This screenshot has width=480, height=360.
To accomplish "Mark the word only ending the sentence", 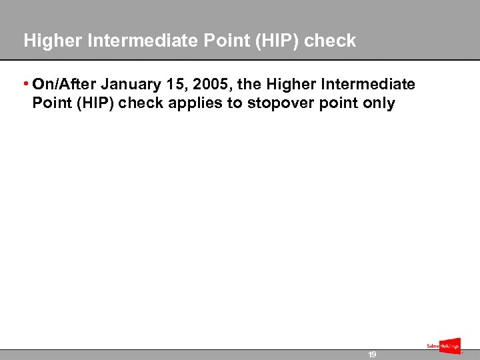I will (380, 103).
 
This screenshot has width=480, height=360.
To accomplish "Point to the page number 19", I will (373, 355).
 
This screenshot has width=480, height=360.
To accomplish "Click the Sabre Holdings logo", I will (443, 345).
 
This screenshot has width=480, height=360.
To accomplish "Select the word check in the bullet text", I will (138, 103).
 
